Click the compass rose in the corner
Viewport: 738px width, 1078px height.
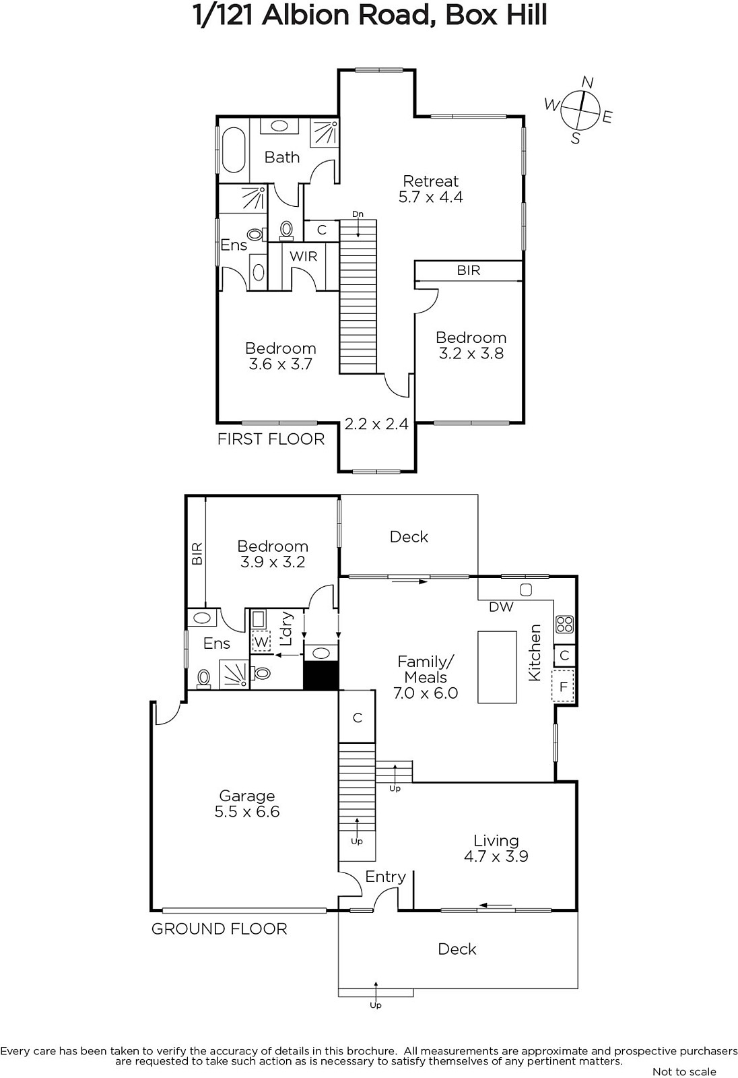(580, 110)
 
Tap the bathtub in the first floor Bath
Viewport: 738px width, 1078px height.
(234, 150)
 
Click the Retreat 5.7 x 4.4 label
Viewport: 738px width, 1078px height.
(430, 189)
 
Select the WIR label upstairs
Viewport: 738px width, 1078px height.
(303, 257)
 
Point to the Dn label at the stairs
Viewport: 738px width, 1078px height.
(358, 214)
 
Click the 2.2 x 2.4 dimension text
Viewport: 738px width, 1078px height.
(376, 424)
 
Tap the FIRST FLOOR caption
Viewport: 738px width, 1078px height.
(271, 439)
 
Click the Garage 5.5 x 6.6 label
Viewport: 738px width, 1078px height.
(247, 804)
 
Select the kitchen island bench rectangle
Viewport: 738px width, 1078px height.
(497, 667)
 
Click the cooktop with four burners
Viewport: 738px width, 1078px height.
(564, 625)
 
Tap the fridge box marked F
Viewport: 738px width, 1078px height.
(564, 687)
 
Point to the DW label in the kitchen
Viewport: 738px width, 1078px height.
(501, 607)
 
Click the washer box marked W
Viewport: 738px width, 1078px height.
(261, 641)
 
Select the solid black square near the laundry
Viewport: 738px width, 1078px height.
(321, 676)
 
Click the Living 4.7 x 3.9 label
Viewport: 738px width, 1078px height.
(496, 849)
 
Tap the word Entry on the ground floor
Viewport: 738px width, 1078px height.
(385, 877)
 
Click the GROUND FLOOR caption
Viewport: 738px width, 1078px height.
(220, 929)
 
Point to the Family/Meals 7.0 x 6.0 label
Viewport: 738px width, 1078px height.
(426, 677)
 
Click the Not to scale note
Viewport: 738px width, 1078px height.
(684, 1072)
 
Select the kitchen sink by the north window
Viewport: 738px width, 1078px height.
(526, 590)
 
